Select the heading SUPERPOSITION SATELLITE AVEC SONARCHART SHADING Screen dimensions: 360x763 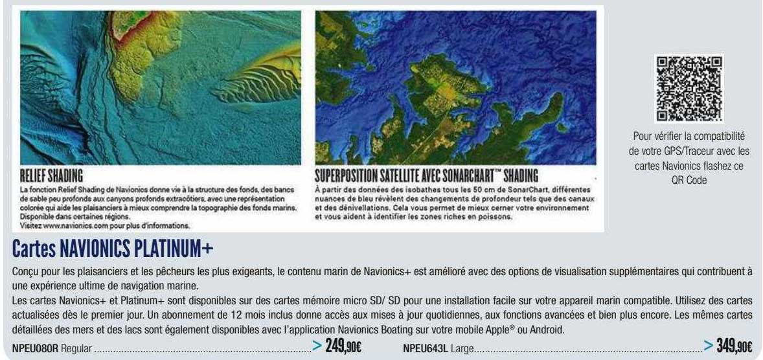point(427,176)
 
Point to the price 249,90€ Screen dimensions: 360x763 point(343,347)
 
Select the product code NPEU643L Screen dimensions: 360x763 point(426,349)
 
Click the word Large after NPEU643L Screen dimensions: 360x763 point(462,349)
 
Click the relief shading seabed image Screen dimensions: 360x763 point(161,87)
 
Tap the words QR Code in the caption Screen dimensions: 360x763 point(689,182)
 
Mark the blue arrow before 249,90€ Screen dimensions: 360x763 point(317,347)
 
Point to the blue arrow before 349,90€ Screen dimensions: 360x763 point(709,347)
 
